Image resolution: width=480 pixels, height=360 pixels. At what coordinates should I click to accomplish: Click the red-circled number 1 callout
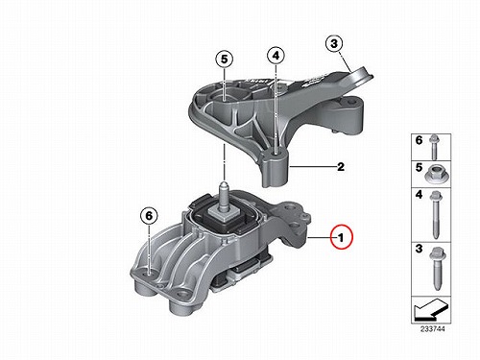point(341,237)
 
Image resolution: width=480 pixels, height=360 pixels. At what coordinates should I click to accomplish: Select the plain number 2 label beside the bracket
point(341,167)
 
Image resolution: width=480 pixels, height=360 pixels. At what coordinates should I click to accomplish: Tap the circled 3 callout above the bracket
point(334,43)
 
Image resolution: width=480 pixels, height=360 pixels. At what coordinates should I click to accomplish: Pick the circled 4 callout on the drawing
point(276,56)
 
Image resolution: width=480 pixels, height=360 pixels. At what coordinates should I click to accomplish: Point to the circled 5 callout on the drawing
point(224,60)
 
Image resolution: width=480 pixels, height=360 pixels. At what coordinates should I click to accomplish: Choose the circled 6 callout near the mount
point(149,216)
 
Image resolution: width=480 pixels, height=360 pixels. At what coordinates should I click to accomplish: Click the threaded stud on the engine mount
point(225,198)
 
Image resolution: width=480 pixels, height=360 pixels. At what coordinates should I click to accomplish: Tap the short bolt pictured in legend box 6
point(434,147)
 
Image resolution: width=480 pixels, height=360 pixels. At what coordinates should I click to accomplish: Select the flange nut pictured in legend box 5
point(435,174)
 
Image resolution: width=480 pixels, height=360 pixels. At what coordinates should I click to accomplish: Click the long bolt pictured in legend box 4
point(435,214)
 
